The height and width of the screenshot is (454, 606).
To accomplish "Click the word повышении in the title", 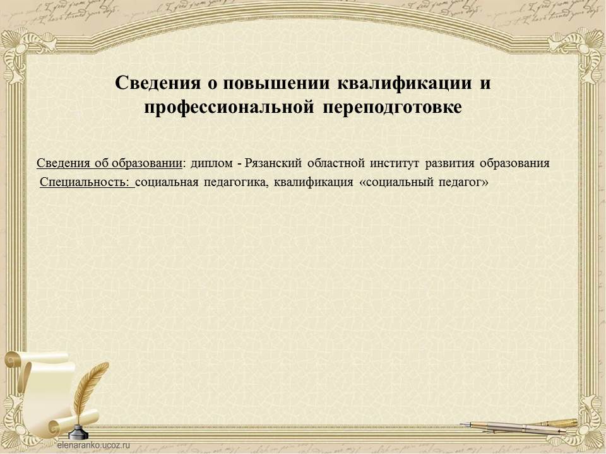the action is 276,83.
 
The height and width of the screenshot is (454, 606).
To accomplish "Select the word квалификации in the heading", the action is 405,83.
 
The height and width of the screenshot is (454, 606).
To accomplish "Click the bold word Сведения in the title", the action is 158,83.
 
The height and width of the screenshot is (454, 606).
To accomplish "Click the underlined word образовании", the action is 147,163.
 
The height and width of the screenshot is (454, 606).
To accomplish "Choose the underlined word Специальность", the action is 84,182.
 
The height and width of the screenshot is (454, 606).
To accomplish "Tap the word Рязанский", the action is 273,163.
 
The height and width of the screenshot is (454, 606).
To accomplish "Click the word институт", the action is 395,163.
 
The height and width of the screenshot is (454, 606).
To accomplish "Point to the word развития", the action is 449,163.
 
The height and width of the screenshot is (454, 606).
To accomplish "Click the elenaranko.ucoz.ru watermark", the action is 93,445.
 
